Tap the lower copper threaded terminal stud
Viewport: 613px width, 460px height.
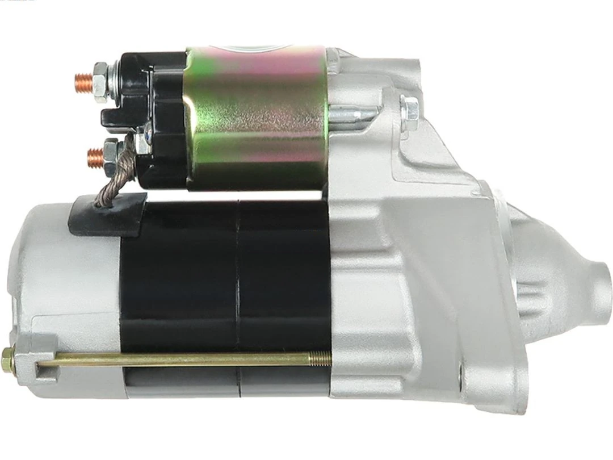point(94,153)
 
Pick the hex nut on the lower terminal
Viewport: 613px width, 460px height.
point(111,152)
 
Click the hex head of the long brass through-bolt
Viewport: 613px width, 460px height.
point(8,360)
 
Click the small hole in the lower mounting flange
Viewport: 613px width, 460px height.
point(461,373)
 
